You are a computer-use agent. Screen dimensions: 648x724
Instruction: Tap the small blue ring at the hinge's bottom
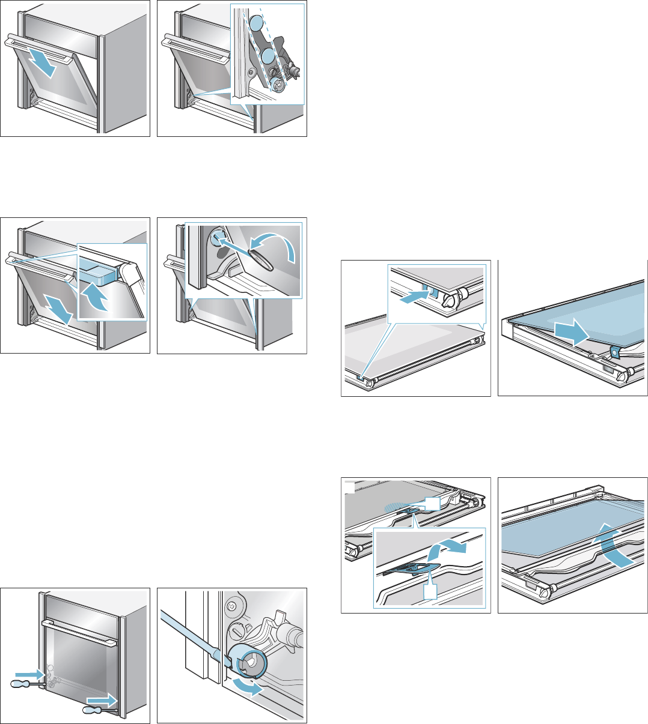click(277, 85)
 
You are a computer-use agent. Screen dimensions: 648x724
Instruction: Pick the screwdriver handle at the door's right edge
click(91, 710)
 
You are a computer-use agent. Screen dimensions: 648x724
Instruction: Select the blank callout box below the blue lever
click(431, 591)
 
